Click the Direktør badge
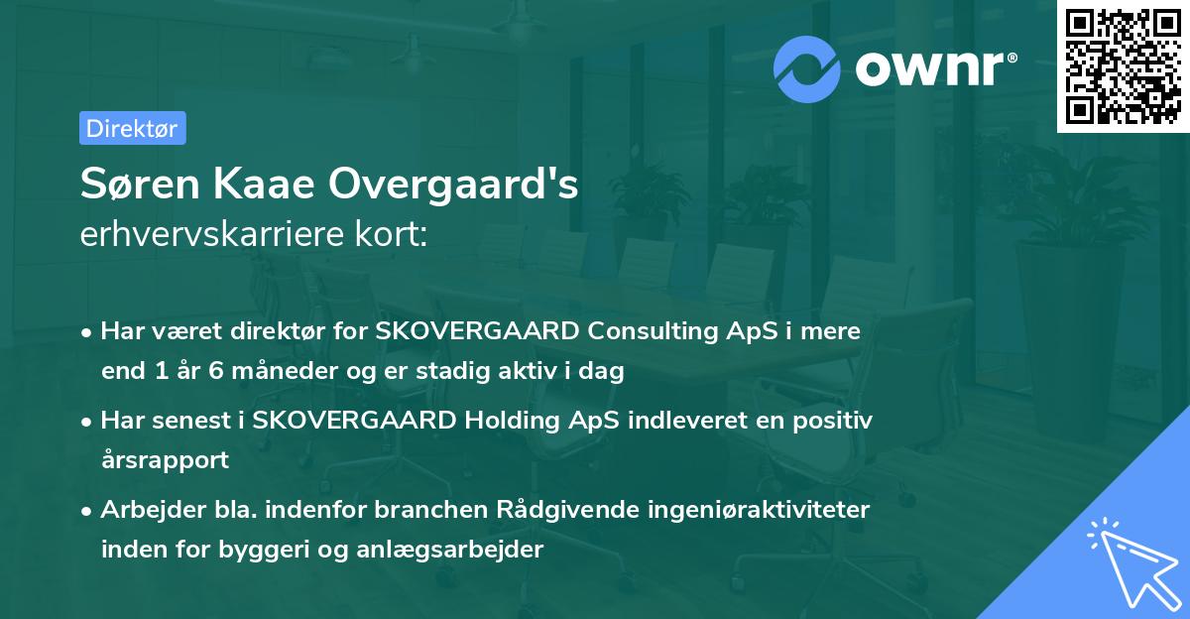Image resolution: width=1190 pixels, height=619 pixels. tap(132, 128)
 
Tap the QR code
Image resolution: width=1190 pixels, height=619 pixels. tap(1122, 65)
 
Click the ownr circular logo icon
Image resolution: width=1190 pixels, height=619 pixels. tap(807, 68)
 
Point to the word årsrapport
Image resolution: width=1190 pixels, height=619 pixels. tap(165, 460)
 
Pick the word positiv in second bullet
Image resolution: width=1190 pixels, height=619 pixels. tap(838, 420)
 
